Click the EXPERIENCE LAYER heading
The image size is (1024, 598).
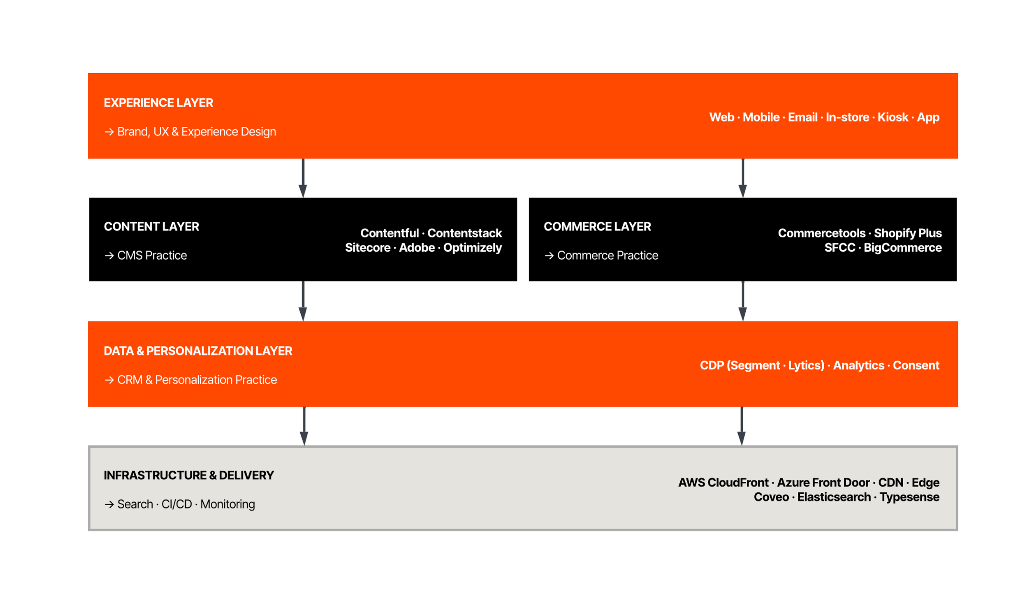coord(158,103)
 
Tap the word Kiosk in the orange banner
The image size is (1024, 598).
coord(892,117)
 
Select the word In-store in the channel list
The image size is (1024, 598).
coord(847,117)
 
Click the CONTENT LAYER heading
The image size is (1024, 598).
coord(151,227)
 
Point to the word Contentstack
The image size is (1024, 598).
coord(464,233)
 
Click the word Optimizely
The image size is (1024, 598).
coord(472,248)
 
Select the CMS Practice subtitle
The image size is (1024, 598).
coord(152,255)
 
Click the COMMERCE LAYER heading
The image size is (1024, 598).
coord(597,227)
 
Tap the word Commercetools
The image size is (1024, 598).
coord(821,233)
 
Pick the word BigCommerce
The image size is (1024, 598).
coord(902,248)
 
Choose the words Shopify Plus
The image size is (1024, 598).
coord(907,233)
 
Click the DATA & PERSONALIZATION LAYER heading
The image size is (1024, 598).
coord(198,351)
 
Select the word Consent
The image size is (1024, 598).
coord(915,365)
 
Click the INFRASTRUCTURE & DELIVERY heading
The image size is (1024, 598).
coord(189,476)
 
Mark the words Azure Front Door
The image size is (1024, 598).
coord(823,483)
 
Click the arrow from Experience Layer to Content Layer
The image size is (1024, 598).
coord(303,178)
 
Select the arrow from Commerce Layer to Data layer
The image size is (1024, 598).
coord(742,301)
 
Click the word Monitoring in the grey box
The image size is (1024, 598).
coord(228,504)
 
